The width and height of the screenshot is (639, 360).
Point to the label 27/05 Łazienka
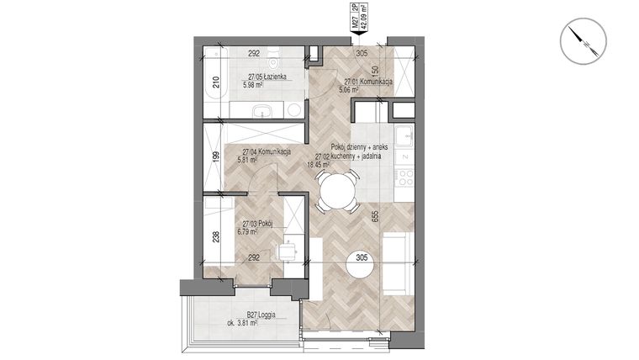point(264,76)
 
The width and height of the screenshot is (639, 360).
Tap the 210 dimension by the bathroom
point(215,82)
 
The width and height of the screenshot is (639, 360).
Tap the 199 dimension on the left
point(215,156)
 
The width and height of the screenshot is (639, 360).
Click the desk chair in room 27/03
point(287,251)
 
